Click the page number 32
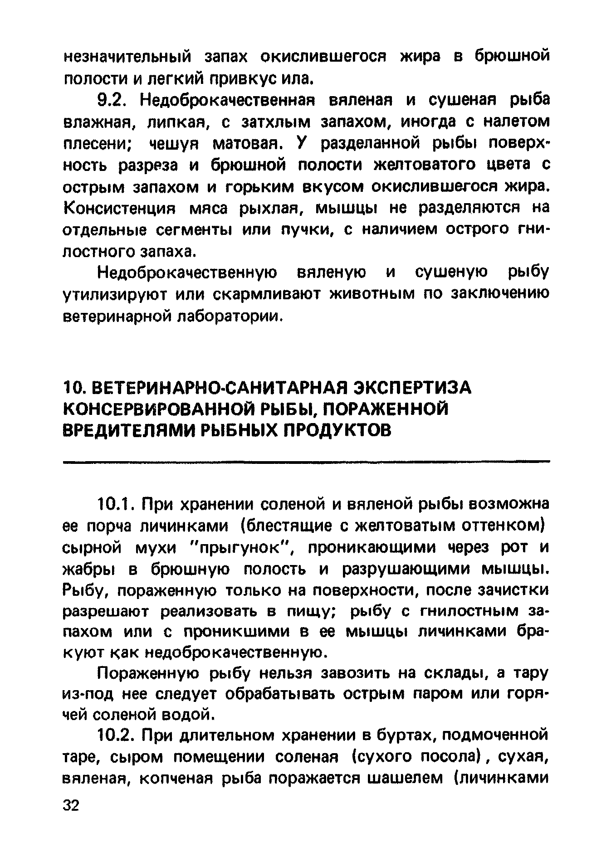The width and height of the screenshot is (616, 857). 70,805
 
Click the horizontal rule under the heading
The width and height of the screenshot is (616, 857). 306,462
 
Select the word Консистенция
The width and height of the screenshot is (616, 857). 118,209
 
